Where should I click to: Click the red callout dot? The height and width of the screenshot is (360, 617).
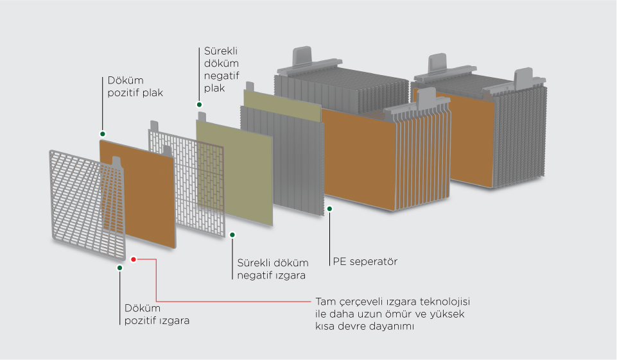(x=134, y=259)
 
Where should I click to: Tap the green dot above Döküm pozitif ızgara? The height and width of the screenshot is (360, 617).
(x=120, y=268)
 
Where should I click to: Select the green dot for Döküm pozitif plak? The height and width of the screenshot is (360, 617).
(x=103, y=133)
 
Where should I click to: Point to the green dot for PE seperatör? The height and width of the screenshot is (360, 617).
(x=330, y=209)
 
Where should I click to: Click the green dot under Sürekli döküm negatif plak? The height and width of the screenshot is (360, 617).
(x=200, y=105)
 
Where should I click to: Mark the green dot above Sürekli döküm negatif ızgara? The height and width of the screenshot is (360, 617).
(x=232, y=235)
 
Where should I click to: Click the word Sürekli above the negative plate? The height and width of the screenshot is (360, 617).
(x=221, y=51)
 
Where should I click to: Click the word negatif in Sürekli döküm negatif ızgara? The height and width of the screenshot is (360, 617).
(x=254, y=275)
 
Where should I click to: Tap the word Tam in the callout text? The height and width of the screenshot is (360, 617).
(x=326, y=302)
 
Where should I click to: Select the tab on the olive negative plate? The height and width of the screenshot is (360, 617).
(x=202, y=117)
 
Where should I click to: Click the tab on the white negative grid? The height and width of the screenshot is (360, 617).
(x=154, y=126)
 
